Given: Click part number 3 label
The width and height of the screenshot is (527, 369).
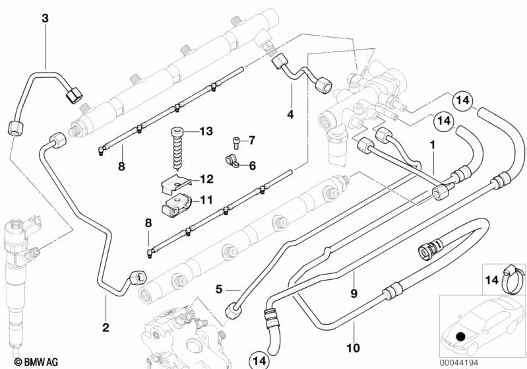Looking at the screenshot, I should click(x=45, y=18).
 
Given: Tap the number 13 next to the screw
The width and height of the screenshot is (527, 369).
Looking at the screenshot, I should click(x=206, y=131).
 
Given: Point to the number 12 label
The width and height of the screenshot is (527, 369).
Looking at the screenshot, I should click(x=206, y=179).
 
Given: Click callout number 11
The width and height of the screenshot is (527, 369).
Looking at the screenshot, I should click(x=206, y=199).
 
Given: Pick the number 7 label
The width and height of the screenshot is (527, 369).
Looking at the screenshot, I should click(x=251, y=140).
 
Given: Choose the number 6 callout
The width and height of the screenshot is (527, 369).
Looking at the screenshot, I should click(x=251, y=165).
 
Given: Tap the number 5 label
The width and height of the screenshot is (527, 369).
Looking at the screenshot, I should click(x=220, y=288).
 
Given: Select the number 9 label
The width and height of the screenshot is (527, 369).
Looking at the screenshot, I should click(x=354, y=293).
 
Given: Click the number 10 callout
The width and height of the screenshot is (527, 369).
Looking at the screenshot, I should click(x=353, y=347).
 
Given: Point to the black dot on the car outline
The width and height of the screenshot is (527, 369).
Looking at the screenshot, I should click(x=460, y=336).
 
